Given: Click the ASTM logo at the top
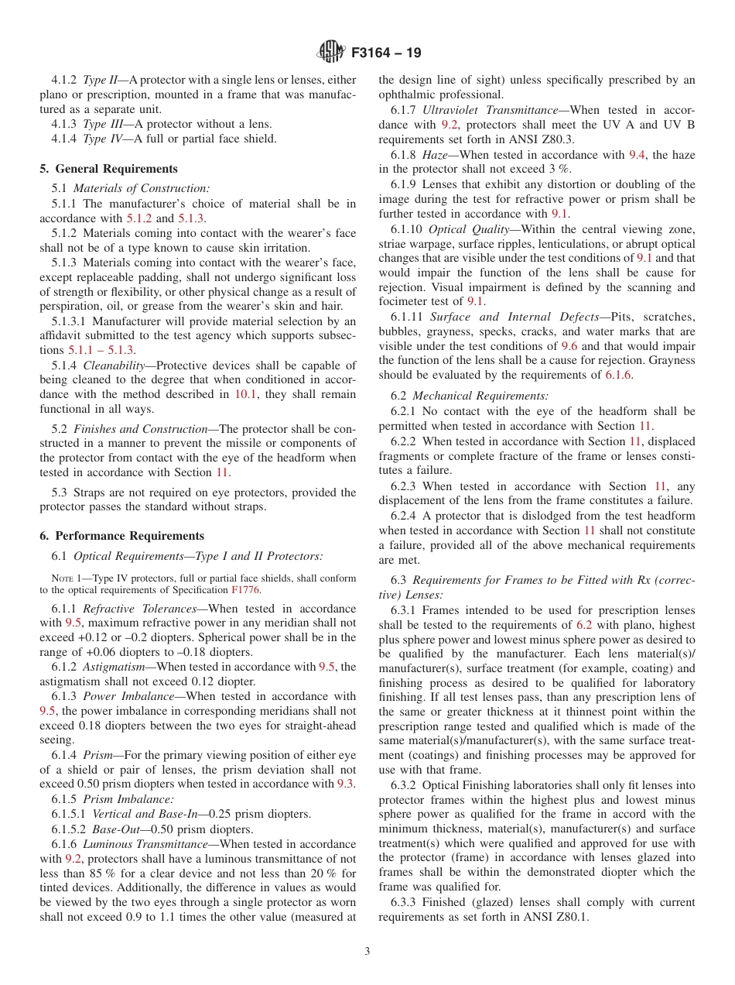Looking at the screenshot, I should [x=332, y=53].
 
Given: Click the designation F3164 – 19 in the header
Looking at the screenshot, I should [x=386, y=53].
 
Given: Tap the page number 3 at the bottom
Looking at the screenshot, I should [x=367, y=952].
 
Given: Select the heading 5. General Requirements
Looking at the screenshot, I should [x=108, y=169].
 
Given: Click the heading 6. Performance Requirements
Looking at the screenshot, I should [x=121, y=536].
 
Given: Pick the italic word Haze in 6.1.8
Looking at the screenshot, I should [x=435, y=155].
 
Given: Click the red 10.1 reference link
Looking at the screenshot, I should [x=244, y=394].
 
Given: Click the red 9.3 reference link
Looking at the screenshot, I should [x=346, y=784].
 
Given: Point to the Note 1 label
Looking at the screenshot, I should [x=67, y=578].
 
